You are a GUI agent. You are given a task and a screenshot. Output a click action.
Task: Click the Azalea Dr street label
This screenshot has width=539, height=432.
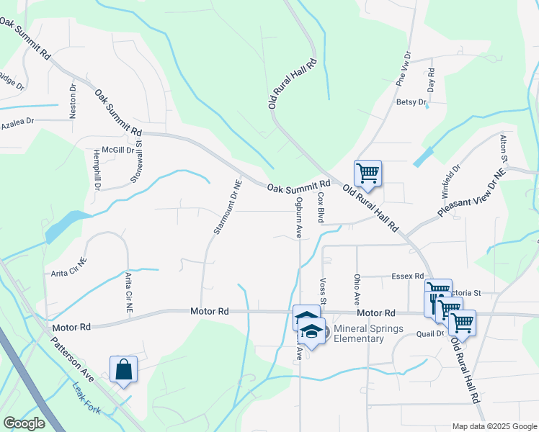[x=17, y=123]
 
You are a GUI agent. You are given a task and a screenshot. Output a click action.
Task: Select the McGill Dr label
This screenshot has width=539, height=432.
[x=118, y=150]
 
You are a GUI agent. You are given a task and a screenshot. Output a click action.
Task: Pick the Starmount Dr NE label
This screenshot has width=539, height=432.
[x=226, y=207]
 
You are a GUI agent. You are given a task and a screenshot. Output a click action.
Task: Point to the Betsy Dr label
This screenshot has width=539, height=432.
[x=411, y=103]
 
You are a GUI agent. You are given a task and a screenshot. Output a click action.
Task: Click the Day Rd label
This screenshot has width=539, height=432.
[x=431, y=80]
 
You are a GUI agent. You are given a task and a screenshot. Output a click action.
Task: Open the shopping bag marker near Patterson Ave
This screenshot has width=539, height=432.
[x=123, y=369]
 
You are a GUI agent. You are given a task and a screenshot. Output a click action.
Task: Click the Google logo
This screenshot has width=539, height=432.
[x=24, y=423]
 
